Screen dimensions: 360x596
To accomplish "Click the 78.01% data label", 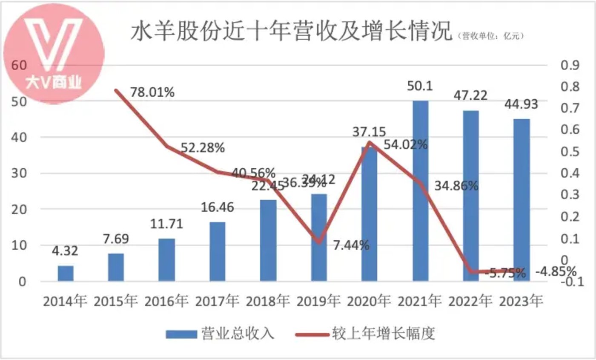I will [152, 92].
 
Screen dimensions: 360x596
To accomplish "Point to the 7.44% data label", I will [351, 245].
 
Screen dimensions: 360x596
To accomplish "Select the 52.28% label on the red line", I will [203, 147].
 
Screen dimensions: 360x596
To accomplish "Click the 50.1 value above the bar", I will [420, 86].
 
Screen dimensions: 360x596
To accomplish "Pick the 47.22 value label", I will [470, 95].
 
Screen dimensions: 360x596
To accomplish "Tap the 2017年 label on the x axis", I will [218, 302].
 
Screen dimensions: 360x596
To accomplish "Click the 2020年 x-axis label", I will [369, 302].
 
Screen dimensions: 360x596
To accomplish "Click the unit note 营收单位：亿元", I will [491, 36].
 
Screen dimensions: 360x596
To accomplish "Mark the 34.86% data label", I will [456, 186].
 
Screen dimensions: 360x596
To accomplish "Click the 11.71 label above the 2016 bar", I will [166, 224].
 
